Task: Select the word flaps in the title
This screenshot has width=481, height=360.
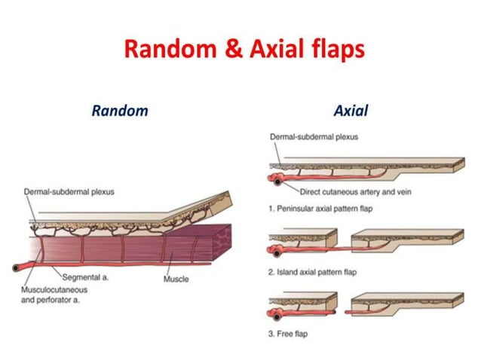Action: (334, 50)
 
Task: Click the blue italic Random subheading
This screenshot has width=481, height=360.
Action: (120, 111)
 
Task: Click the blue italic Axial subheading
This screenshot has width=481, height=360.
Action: (351, 111)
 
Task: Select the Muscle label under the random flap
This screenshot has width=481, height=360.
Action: (176, 279)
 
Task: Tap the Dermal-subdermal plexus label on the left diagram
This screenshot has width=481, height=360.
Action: (69, 192)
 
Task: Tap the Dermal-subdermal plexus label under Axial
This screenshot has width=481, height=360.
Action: (314, 136)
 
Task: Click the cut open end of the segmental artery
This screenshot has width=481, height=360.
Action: (17, 267)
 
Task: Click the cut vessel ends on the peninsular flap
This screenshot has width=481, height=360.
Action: (278, 178)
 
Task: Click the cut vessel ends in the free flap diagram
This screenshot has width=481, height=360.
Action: (278, 308)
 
